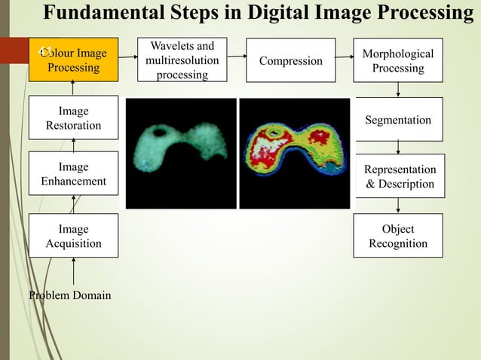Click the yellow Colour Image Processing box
point(73,60)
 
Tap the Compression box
point(291,61)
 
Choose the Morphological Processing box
point(397,61)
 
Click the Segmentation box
point(397,120)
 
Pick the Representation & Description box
point(399,177)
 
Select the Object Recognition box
point(397,236)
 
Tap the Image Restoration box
point(73,118)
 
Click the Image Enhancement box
point(73,174)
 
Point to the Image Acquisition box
point(73,236)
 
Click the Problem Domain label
point(69,295)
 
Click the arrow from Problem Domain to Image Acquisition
point(74,272)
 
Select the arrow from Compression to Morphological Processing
point(345,56)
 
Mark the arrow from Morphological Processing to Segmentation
point(398,90)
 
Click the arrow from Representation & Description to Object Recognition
point(398,206)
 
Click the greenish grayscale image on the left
point(181,153)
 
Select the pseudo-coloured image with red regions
point(295,153)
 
